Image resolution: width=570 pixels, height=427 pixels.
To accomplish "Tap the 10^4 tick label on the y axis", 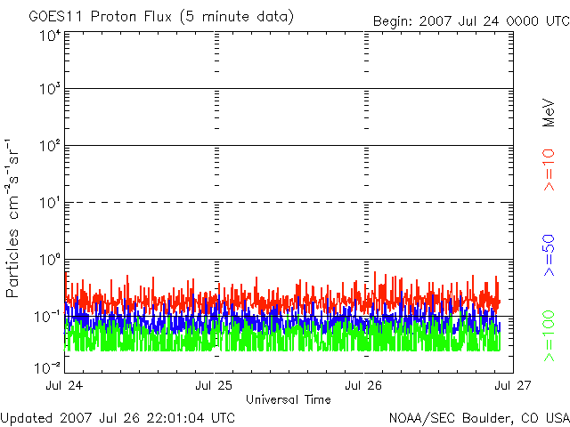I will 50,36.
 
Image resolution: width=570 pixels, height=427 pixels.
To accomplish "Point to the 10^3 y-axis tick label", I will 50,89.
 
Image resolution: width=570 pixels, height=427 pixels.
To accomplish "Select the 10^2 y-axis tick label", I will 50,146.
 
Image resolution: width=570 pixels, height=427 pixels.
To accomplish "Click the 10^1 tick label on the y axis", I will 50,203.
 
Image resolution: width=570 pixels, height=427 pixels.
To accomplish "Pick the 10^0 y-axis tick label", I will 50,260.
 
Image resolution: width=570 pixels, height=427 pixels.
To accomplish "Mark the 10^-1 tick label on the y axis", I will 48,316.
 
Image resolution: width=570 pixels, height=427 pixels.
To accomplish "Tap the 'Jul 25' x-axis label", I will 215,385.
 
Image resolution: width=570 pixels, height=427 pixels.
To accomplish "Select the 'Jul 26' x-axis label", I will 364,385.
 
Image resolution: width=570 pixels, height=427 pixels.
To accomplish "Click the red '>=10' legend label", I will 550,170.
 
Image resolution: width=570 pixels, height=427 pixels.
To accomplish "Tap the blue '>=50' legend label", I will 550,256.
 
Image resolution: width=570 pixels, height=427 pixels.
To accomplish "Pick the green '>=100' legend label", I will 550,335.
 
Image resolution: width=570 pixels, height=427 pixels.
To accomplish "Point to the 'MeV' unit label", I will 550,111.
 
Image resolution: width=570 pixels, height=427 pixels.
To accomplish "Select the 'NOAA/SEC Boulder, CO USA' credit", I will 478,417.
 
